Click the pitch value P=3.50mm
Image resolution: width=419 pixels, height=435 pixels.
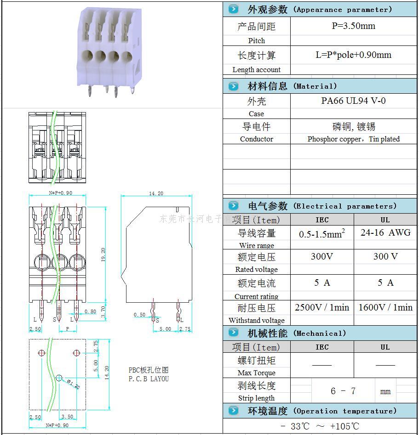click(x=353, y=26)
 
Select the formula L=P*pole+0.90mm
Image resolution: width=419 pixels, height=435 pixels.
click(x=353, y=55)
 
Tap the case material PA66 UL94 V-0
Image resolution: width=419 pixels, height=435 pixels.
click(x=353, y=101)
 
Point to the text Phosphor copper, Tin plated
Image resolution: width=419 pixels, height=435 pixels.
click(x=353, y=139)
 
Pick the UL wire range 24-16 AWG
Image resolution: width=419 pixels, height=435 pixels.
click(x=385, y=232)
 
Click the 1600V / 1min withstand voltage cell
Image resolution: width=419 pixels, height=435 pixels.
click(x=385, y=307)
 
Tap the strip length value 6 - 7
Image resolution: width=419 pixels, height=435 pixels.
click(x=343, y=391)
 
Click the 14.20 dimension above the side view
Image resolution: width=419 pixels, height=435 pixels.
click(x=156, y=193)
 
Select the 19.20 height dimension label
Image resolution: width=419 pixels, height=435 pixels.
click(x=103, y=253)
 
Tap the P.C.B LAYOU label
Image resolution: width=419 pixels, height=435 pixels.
click(x=149, y=379)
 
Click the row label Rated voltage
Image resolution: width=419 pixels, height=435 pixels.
click(x=256, y=270)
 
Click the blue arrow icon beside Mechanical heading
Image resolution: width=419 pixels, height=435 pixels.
click(x=234, y=333)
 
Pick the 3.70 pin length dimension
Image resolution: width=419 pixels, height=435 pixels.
click(x=103, y=312)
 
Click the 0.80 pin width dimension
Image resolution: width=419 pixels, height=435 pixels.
click(x=90, y=311)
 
